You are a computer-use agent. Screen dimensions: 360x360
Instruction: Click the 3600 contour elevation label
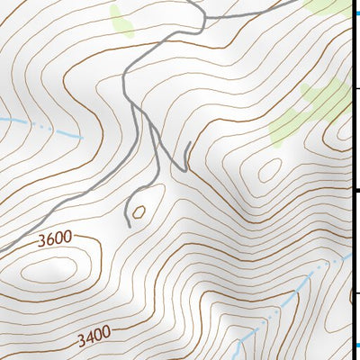[x=55, y=240]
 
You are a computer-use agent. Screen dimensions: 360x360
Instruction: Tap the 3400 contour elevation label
[x=93, y=337]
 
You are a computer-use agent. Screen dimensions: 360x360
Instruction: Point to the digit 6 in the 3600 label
[x=50, y=241]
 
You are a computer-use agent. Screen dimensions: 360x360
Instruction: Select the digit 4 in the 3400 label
[x=88, y=338]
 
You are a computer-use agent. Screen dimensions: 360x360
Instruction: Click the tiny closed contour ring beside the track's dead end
[x=139, y=212]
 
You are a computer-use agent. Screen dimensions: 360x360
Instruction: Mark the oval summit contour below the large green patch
[x=269, y=169]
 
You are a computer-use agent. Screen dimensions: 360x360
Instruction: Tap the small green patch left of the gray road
[x=121, y=20]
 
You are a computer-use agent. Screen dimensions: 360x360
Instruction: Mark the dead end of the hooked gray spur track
[x=190, y=143]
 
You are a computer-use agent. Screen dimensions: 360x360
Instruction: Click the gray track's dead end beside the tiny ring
[x=128, y=225]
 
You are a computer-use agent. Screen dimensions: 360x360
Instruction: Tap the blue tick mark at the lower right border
[x=355, y=346]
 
